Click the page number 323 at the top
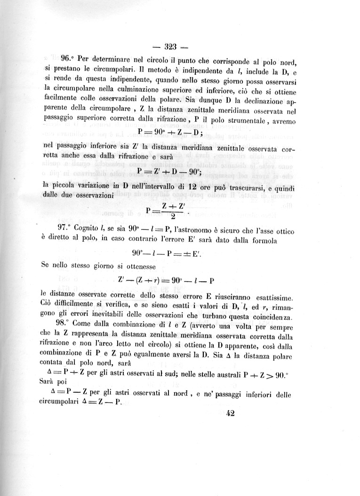(170, 47)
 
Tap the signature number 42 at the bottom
(231, 413)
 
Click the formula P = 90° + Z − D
(170, 131)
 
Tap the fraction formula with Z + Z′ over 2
(168, 211)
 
